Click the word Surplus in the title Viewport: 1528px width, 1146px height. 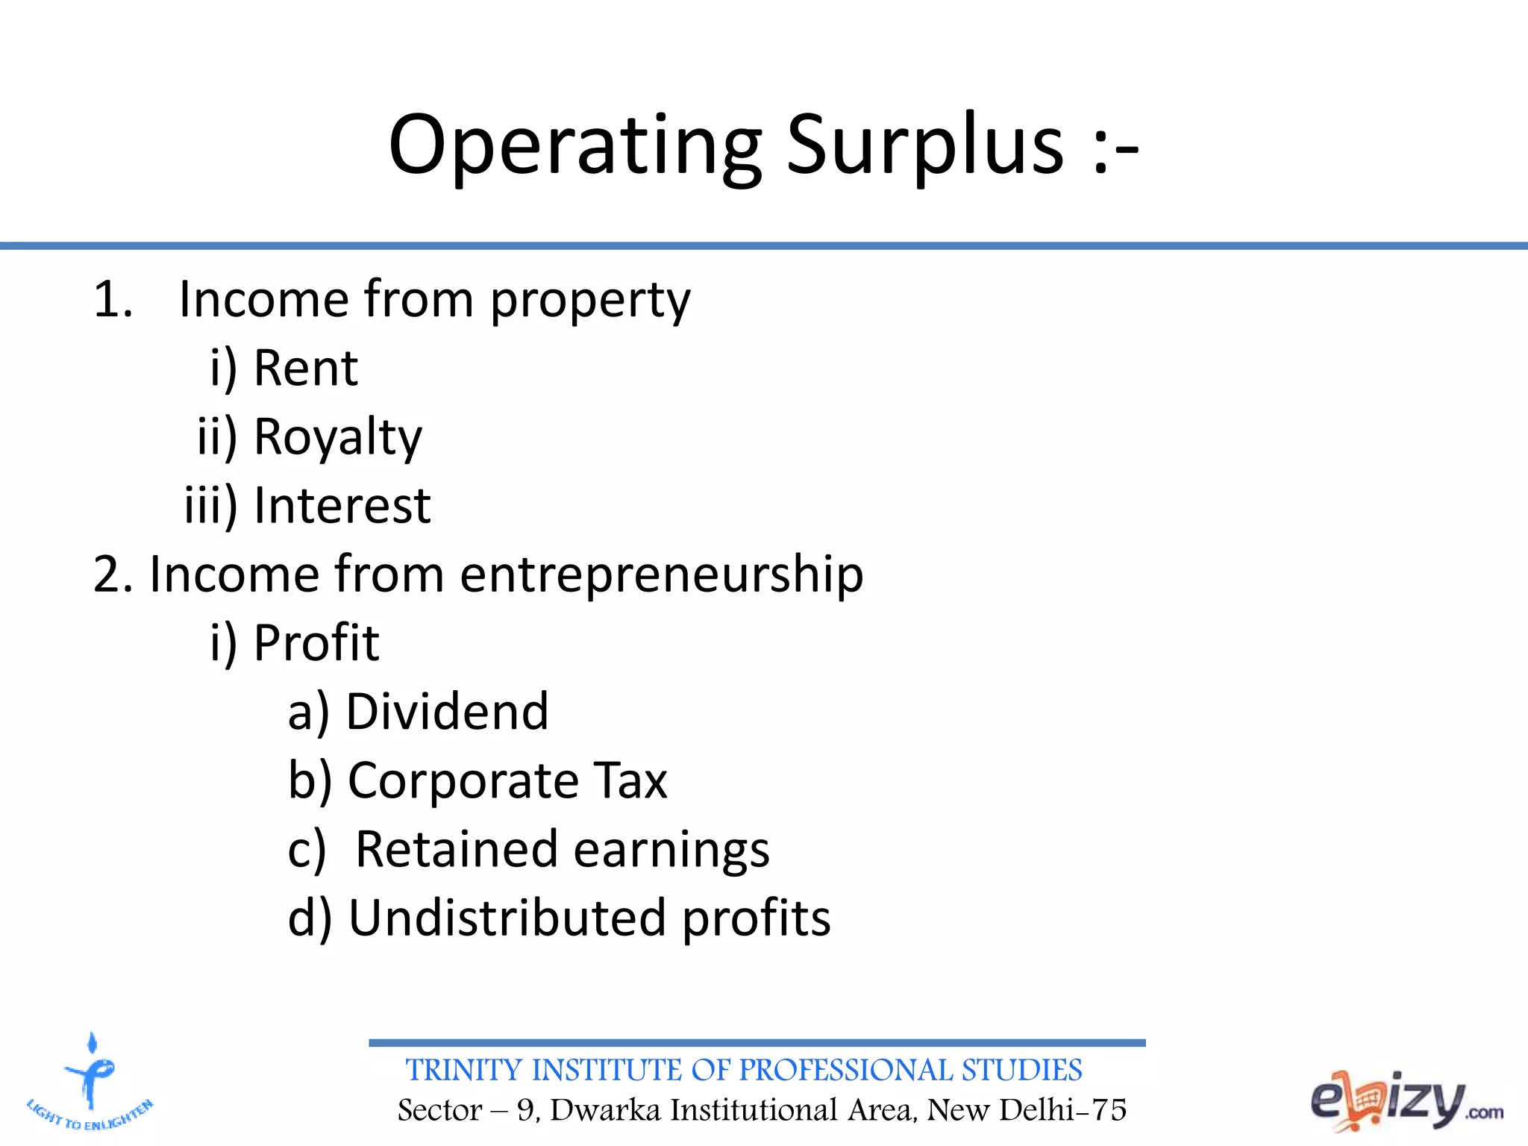[x=925, y=145]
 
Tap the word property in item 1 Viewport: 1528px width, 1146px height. [x=590, y=301]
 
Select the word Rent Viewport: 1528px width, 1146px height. [x=306, y=368]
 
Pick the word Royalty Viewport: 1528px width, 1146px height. [x=338, y=437]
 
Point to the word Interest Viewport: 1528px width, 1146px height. [x=342, y=506]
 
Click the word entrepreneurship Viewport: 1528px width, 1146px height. [x=661, y=574]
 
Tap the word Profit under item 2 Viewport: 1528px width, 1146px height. [x=316, y=642]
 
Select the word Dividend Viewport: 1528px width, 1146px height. [x=447, y=711]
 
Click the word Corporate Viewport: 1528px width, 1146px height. [x=463, y=780]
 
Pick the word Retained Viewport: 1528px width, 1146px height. [x=457, y=849]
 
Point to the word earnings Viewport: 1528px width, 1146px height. [x=671, y=851]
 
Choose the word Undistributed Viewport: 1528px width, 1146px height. [x=507, y=918]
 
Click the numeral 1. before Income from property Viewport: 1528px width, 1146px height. [x=113, y=299]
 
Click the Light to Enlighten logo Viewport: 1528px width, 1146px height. [x=90, y=1082]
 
